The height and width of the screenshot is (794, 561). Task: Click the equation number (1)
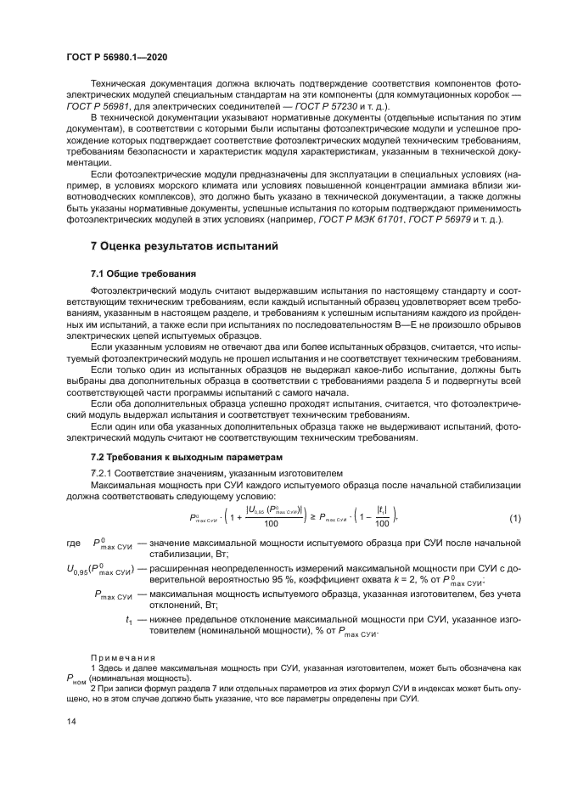(x=514, y=517)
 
